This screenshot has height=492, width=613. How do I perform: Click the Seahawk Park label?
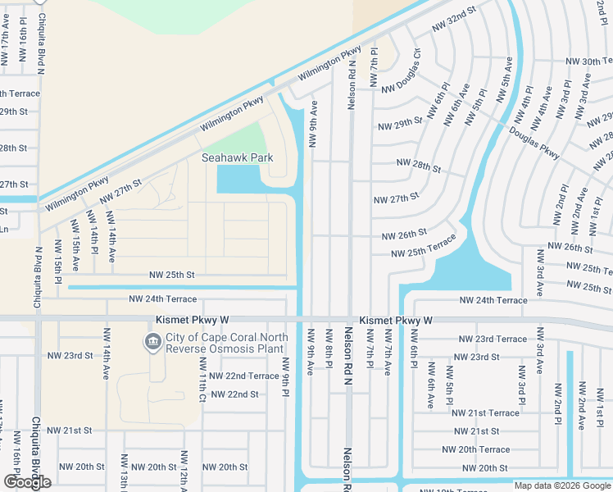(237, 157)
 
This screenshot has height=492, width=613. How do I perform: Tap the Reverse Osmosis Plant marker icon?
(152, 342)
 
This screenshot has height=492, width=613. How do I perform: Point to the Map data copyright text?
(562, 485)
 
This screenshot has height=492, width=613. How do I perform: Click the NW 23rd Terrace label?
(492, 339)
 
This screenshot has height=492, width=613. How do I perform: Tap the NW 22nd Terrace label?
(243, 376)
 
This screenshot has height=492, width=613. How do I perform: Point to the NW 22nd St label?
(234, 394)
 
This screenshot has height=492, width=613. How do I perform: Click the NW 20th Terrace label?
(475, 449)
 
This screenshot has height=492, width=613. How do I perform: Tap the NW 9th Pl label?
(285, 376)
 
